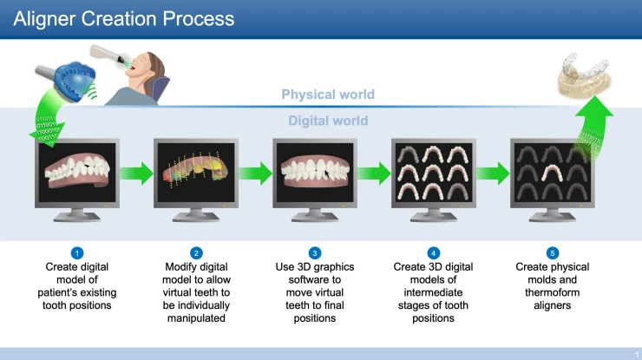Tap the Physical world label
(x=328, y=95)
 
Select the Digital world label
(x=328, y=121)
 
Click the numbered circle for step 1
(x=77, y=252)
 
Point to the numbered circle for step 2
(x=196, y=252)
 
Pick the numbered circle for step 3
(x=315, y=252)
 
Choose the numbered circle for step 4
(x=434, y=252)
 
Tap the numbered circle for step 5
(x=553, y=252)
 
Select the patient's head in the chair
(x=155, y=69)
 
